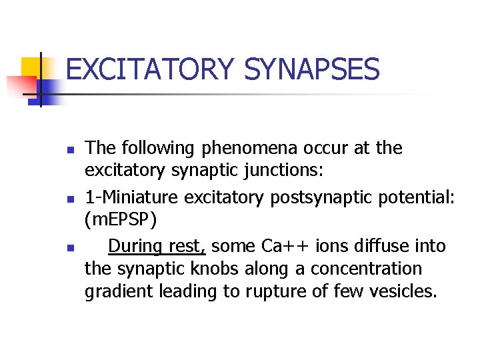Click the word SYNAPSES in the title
click(x=312, y=69)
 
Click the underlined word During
click(x=135, y=246)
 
